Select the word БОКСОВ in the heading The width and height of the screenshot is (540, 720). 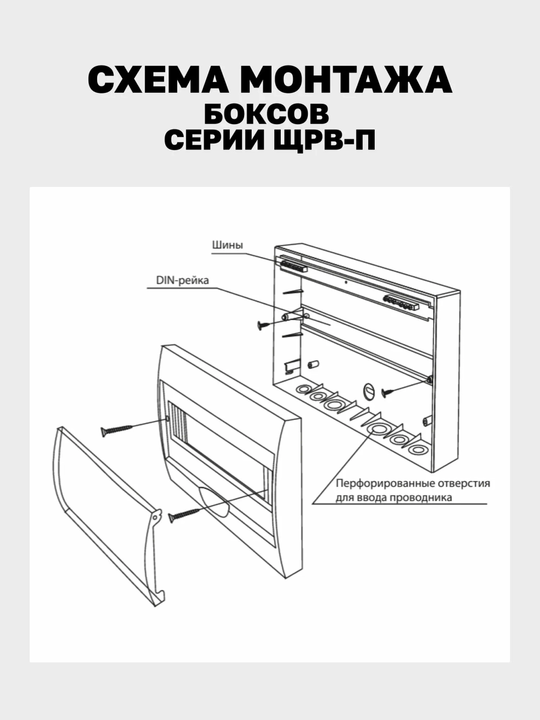(267, 114)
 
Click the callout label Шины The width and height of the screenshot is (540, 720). (227, 245)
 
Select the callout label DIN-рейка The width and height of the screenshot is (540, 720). (182, 280)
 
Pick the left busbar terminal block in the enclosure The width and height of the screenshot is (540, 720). (294, 266)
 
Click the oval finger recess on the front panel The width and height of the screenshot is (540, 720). (215, 499)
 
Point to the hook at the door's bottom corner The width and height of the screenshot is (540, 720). (158, 596)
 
